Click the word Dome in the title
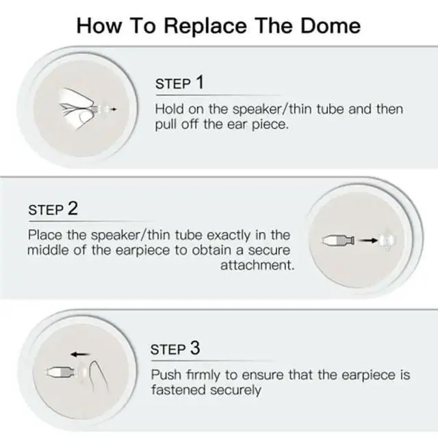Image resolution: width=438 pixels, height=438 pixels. pos(331,26)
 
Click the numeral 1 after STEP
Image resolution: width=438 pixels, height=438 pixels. pos(200,82)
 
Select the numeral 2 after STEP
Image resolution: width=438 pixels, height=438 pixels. pos(73,208)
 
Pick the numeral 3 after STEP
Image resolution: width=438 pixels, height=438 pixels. pos(195,348)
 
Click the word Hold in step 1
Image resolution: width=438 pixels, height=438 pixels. pos(169,109)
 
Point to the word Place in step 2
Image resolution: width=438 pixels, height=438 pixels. pos(45,235)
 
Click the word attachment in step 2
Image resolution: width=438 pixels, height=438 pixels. pos(257,265)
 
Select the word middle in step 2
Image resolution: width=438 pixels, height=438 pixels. pos(48,250)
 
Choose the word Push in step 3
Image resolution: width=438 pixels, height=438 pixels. pos(166,374)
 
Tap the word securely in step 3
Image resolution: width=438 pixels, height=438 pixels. pos(235,391)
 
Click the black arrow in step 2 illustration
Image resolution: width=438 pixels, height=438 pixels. pos(368,240)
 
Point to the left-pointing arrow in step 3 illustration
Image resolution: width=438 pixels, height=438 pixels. pos(80,355)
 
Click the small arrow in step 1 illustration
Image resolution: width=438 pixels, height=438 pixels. pos(114,109)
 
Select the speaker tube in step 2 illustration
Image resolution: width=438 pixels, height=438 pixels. pos(338,240)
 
